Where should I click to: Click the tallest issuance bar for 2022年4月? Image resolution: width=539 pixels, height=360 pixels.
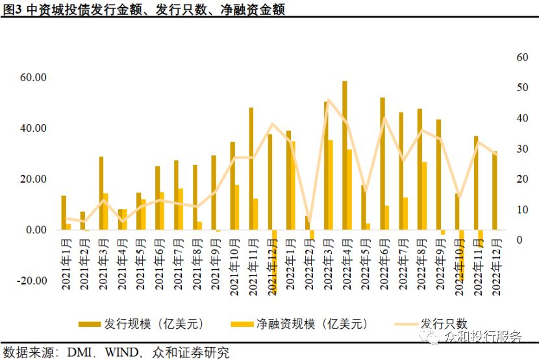344,155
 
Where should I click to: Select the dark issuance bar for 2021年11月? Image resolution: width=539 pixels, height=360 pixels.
251,169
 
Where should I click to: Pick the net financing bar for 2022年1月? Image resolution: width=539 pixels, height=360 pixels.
294,185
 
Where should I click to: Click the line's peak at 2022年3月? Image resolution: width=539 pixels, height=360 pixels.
329,99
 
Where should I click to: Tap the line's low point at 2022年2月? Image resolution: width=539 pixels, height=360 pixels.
309,224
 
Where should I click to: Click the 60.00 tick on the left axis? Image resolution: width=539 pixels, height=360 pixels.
32,77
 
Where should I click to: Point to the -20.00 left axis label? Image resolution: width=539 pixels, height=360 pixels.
31,281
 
